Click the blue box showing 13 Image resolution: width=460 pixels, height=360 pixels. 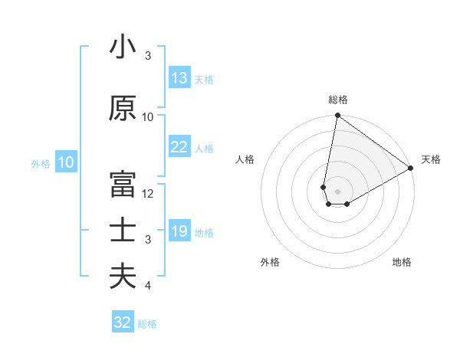pos(179,78)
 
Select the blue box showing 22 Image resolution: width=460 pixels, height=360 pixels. pos(179,147)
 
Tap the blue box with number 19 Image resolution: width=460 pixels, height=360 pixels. pos(179,231)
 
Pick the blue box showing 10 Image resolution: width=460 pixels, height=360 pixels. pos(66,162)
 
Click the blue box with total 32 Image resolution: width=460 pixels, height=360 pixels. pos(123,322)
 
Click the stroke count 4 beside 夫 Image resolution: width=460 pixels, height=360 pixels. pos(148,286)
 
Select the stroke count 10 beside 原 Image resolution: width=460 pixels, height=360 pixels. pos(148,116)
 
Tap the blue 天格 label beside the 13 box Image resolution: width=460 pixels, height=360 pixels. pos(204,80)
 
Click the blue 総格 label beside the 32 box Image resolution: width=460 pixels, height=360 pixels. pos(147,324)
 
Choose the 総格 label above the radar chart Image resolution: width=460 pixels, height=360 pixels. pos(338,100)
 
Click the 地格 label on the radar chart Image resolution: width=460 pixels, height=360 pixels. pos(402,262)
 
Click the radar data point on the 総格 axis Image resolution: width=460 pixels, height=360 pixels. pos(337,116)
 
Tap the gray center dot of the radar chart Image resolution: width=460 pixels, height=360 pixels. pos(337,190)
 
